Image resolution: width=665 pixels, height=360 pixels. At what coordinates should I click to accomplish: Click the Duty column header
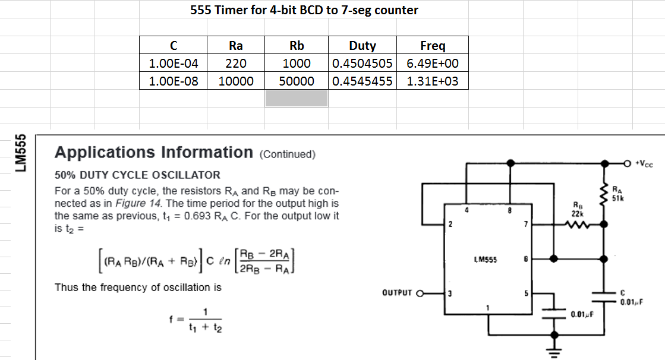click(362, 46)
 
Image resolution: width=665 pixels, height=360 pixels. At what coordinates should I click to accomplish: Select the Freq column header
click(432, 46)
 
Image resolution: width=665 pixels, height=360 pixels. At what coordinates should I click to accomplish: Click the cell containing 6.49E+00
click(432, 64)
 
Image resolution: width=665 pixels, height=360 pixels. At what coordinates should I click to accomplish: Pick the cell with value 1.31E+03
click(432, 81)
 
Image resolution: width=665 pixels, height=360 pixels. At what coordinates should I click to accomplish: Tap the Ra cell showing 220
click(236, 64)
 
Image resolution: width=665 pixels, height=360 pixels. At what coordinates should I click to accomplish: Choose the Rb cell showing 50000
click(297, 81)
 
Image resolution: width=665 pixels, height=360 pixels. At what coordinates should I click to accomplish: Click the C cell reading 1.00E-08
click(173, 81)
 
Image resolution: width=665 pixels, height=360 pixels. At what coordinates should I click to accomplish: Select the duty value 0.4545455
click(362, 81)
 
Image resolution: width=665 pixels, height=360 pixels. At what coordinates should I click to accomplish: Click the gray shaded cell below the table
click(296, 98)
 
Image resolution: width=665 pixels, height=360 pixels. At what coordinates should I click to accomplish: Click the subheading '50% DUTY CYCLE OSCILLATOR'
click(137, 175)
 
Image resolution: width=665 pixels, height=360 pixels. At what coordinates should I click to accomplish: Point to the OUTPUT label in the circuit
click(398, 292)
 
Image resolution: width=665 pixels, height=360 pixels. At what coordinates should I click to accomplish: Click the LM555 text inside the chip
click(486, 260)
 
